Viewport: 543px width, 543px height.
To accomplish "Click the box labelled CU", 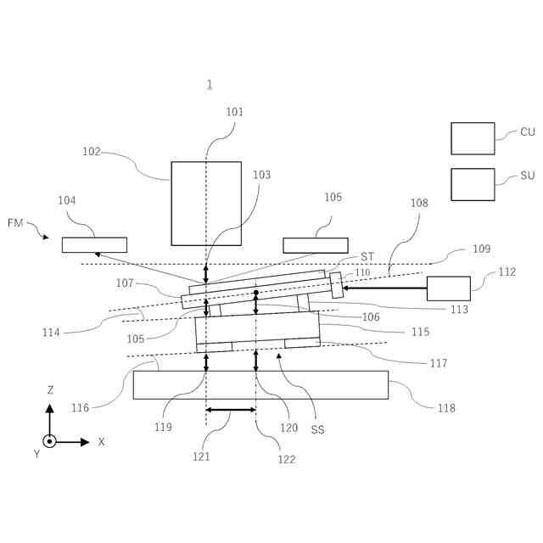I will pyautogui.click(x=473, y=138).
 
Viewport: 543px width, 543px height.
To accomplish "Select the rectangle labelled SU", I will pyautogui.click(x=473, y=184).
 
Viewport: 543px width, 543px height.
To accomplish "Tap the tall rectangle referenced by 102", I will pyautogui.click(x=206, y=203).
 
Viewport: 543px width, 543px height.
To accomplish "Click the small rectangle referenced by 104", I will pyautogui.click(x=94, y=245).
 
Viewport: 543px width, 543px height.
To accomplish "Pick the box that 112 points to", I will pyautogui.click(x=448, y=288).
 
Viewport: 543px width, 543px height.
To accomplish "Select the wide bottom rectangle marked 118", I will pyautogui.click(x=260, y=384).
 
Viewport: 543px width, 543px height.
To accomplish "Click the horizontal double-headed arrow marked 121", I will pyautogui.click(x=231, y=411).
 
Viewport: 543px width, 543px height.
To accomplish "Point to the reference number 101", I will pyautogui.click(x=234, y=112).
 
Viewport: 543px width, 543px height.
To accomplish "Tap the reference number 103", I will pyautogui.click(x=261, y=175).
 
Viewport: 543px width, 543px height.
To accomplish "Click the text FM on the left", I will pyautogui.click(x=15, y=223).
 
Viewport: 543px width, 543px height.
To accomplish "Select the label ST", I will pyautogui.click(x=367, y=256).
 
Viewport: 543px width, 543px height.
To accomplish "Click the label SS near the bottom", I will pyautogui.click(x=317, y=429).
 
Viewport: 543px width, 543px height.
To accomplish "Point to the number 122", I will pyautogui.click(x=287, y=459).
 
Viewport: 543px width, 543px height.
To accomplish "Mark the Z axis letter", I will pyautogui.click(x=50, y=390).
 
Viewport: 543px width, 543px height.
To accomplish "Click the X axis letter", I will pyautogui.click(x=101, y=442).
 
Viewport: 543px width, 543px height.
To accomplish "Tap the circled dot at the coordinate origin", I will pyautogui.click(x=49, y=441).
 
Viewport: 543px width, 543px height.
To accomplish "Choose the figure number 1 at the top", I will pyautogui.click(x=209, y=84).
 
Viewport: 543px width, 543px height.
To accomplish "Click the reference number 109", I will pyautogui.click(x=481, y=249).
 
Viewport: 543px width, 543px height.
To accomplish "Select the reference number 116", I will pyautogui.click(x=80, y=408).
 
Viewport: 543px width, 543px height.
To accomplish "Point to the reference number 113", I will pyautogui.click(x=459, y=310).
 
